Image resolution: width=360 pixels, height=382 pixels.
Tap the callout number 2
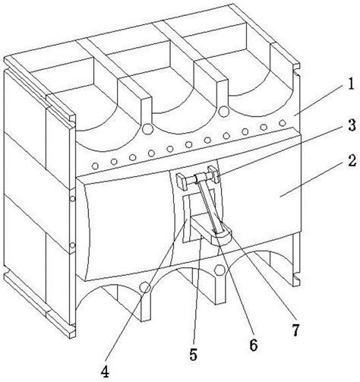click(x=352, y=161)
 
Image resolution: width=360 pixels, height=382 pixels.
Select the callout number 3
click(x=352, y=125)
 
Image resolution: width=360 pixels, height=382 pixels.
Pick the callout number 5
click(x=193, y=355)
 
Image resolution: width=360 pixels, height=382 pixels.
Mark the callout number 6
click(x=254, y=345)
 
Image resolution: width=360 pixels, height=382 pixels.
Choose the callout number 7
click(x=295, y=330)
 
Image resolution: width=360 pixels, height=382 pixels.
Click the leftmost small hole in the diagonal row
click(x=95, y=166)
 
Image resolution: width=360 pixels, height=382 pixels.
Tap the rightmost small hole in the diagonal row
click(x=282, y=123)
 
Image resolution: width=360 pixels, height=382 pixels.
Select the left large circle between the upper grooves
click(x=147, y=129)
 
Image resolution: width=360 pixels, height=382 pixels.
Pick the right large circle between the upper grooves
click(x=223, y=112)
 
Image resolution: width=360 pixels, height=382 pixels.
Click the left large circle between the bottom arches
click(x=146, y=287)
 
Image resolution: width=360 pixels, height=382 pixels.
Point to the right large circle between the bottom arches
click(x=219, y=270)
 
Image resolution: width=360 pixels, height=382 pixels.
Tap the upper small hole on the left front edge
click(x=73, y=198)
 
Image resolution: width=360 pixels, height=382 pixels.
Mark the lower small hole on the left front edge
click(x=73, y=245)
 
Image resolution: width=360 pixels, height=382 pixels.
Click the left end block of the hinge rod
click(x=182, y=180)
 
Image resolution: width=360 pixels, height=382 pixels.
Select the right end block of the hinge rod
click(x=214, y=175)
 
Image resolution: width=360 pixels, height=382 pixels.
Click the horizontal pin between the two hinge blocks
click(x=197, y=178)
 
